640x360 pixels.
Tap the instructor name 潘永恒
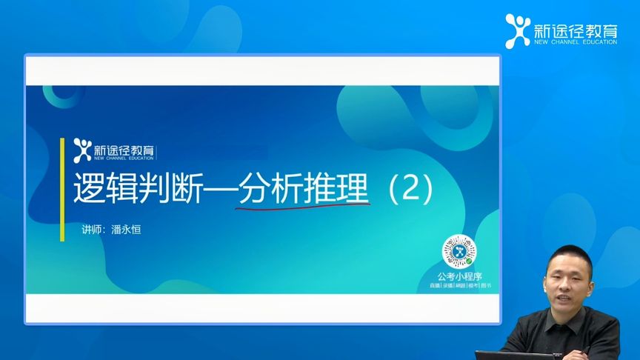124,230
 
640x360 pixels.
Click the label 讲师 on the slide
91,230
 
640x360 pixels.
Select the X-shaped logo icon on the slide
82,148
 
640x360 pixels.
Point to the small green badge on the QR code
469,260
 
